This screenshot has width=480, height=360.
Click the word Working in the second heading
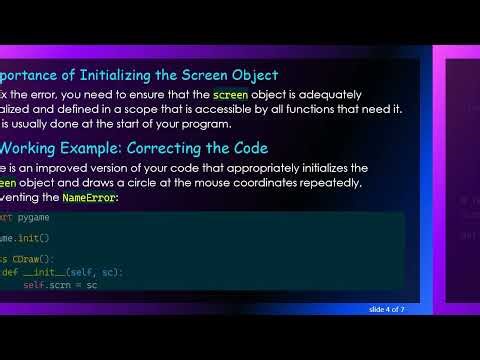pyautogui.click(x=35, y=147)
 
